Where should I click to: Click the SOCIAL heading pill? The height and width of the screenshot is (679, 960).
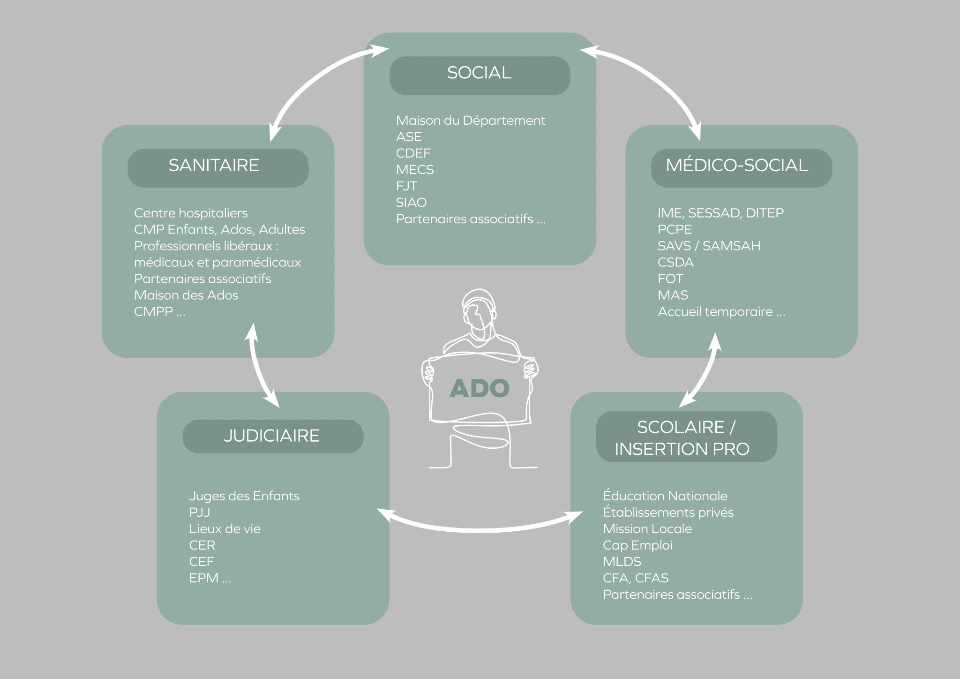tap(480, 75)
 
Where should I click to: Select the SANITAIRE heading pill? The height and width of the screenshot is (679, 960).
tap(218, 167)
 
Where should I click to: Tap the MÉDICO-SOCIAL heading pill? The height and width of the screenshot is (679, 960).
tap(741, 167)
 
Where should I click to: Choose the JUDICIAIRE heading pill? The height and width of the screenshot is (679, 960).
tap(273, 436)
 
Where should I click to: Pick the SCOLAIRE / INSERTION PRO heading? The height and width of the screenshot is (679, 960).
tap(686, 437)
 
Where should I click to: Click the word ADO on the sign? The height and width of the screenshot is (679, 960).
tap(480, 389)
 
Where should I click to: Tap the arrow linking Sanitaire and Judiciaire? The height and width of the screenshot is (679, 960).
tap(260, 366)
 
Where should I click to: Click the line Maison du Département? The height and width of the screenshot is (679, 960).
tap(470, 121)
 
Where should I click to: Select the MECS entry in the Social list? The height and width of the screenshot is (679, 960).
tap(415, 170)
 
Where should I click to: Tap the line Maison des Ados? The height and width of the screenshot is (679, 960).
tap(186, 295)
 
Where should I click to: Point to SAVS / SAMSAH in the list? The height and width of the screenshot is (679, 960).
tap(709, 246)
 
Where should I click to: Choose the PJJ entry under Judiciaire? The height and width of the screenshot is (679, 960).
tap(200, 513)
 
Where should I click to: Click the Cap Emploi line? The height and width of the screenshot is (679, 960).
tap(637, 545)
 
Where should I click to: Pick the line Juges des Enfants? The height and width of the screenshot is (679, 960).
tap(244, 496)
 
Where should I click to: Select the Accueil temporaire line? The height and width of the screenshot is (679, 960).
tap(721, 312)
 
